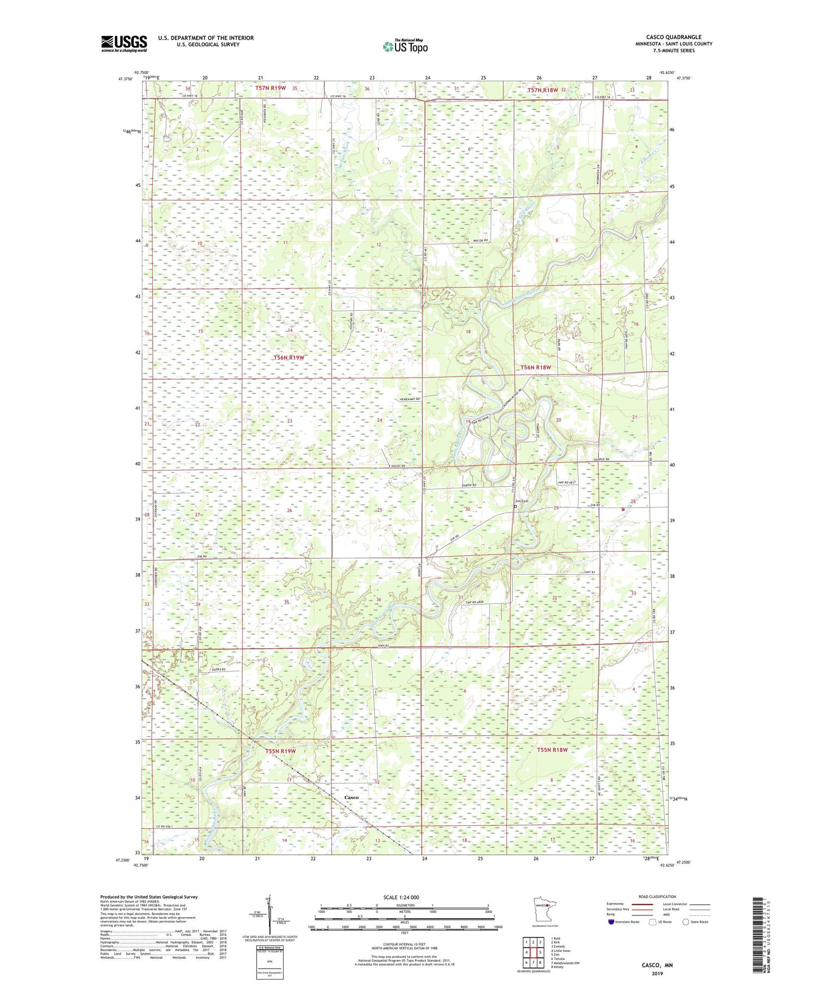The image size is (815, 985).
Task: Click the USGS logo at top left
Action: pyautogui.click(x=124, y=43)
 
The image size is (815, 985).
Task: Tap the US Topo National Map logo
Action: pyautogui.click(x=404, y=46)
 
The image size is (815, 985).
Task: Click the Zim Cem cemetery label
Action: pyautogui.click(x=522, y=501)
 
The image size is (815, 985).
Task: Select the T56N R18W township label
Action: pyautogui.click(x=536, y=367)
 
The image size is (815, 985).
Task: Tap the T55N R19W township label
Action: pyautogui.click(x=281, y=751)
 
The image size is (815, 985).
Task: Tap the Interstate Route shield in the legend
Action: pyautogui.click(x=611, y=921)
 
